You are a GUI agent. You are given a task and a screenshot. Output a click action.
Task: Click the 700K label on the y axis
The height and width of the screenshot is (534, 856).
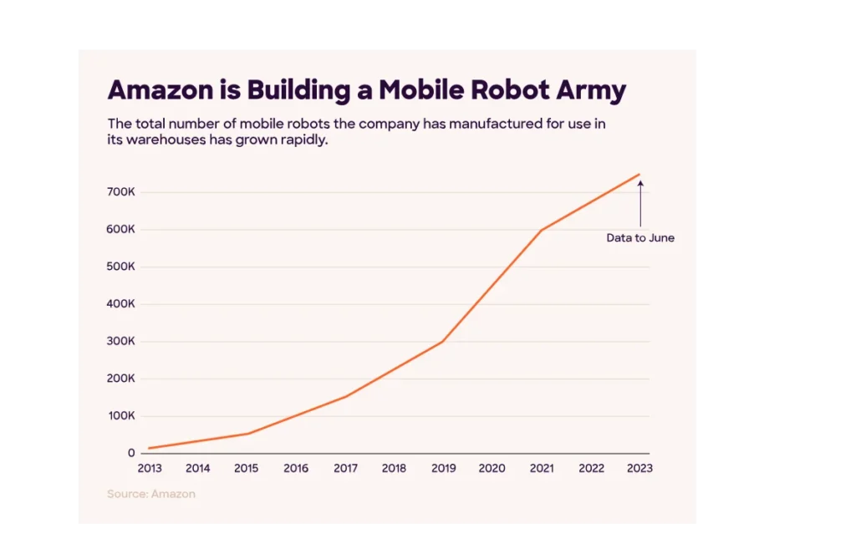pyautogui.click(x=120, y=192)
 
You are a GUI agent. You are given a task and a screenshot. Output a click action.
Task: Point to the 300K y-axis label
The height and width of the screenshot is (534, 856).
pyautogui.click(x=120, y=341)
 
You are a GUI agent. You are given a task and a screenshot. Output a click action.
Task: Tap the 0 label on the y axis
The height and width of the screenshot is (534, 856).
pyautogui.click(x=131, y=453)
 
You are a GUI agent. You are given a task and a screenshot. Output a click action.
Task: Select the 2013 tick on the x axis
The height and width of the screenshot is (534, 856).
pyautogui.click(x=150, y=469)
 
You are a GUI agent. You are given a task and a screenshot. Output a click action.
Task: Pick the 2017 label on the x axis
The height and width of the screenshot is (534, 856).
pyautogui.click(x=345, y=469)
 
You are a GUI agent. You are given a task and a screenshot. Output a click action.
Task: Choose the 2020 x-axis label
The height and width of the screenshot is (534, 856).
pyautogui.click(x=492, y=469)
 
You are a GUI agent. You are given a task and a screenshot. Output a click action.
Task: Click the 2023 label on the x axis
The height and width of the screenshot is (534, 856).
pyautogui.click(x=639, y=469)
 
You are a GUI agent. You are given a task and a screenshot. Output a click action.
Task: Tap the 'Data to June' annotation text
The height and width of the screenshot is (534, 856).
pyautogui.click(x=640, y=238)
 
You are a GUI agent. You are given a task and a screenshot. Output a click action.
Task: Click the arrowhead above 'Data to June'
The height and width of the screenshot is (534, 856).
pyautogui.click(x=640, y=183)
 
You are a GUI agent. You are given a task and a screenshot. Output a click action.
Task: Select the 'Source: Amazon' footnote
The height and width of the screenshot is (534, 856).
pyautogui.click(x=151, y=494)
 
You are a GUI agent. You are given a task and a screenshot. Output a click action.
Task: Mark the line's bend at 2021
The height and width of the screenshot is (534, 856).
pyautogui.click(x=542, y=230)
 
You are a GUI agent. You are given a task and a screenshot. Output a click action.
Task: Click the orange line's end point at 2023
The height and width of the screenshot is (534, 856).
pyautogui.click(x=639, y=174)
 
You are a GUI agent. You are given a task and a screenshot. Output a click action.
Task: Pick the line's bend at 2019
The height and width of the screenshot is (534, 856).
pyautogui.click(x=442, y=342)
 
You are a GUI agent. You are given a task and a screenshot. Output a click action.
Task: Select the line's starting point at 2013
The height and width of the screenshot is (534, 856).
pyautogui.click(x=150, y=449)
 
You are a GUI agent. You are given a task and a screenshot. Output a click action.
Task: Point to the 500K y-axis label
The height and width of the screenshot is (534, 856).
pyautogui.click(x=120, y=267)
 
